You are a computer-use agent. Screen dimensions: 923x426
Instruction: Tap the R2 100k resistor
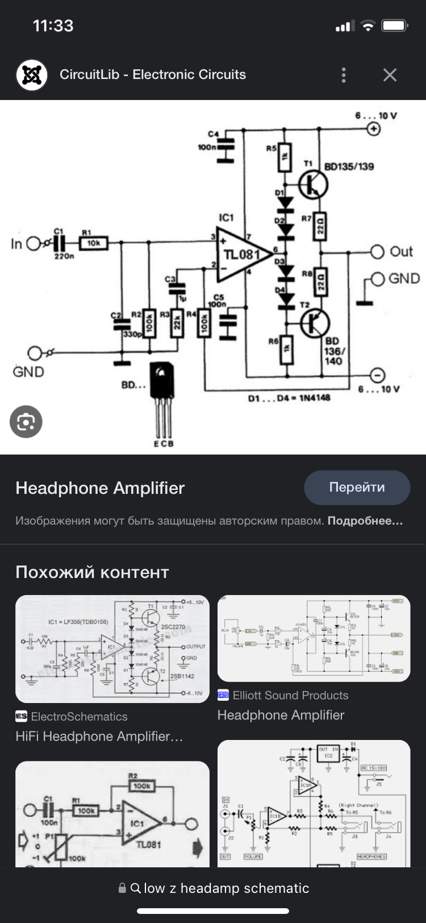coord(150,323)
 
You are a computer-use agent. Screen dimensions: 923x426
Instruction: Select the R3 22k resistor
coord(177,323)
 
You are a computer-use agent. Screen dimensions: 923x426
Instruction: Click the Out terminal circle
coord(377,252)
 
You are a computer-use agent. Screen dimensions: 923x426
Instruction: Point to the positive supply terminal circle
coord(374,129)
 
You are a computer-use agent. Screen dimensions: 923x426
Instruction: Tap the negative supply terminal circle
coord(377,375)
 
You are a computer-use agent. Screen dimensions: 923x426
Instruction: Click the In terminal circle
coord(34,244)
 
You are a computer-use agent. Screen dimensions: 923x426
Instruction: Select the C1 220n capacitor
coord(59,244)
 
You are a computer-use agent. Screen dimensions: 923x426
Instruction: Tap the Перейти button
coord(357,488)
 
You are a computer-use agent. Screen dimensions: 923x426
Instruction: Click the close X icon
coord(390,75)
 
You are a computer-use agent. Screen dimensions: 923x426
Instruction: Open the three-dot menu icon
coord(344,75)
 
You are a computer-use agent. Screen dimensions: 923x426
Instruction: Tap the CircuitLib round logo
coord(32,75)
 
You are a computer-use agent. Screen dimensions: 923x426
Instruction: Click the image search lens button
coord(26,422)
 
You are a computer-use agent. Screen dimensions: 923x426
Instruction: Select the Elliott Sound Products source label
coord(290,695)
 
